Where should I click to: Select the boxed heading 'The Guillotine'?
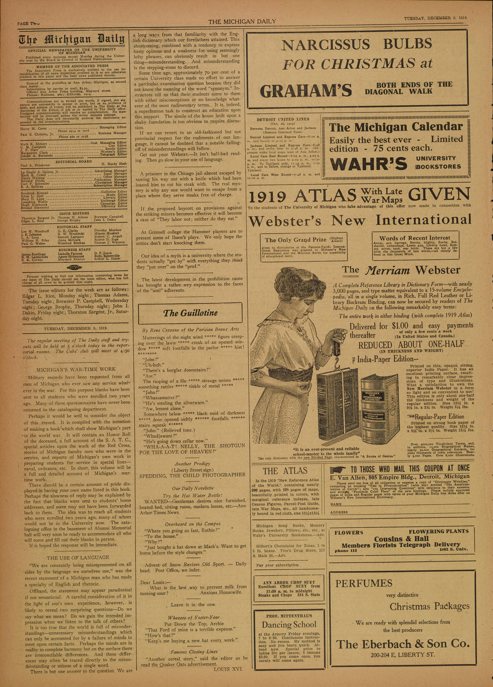190,313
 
